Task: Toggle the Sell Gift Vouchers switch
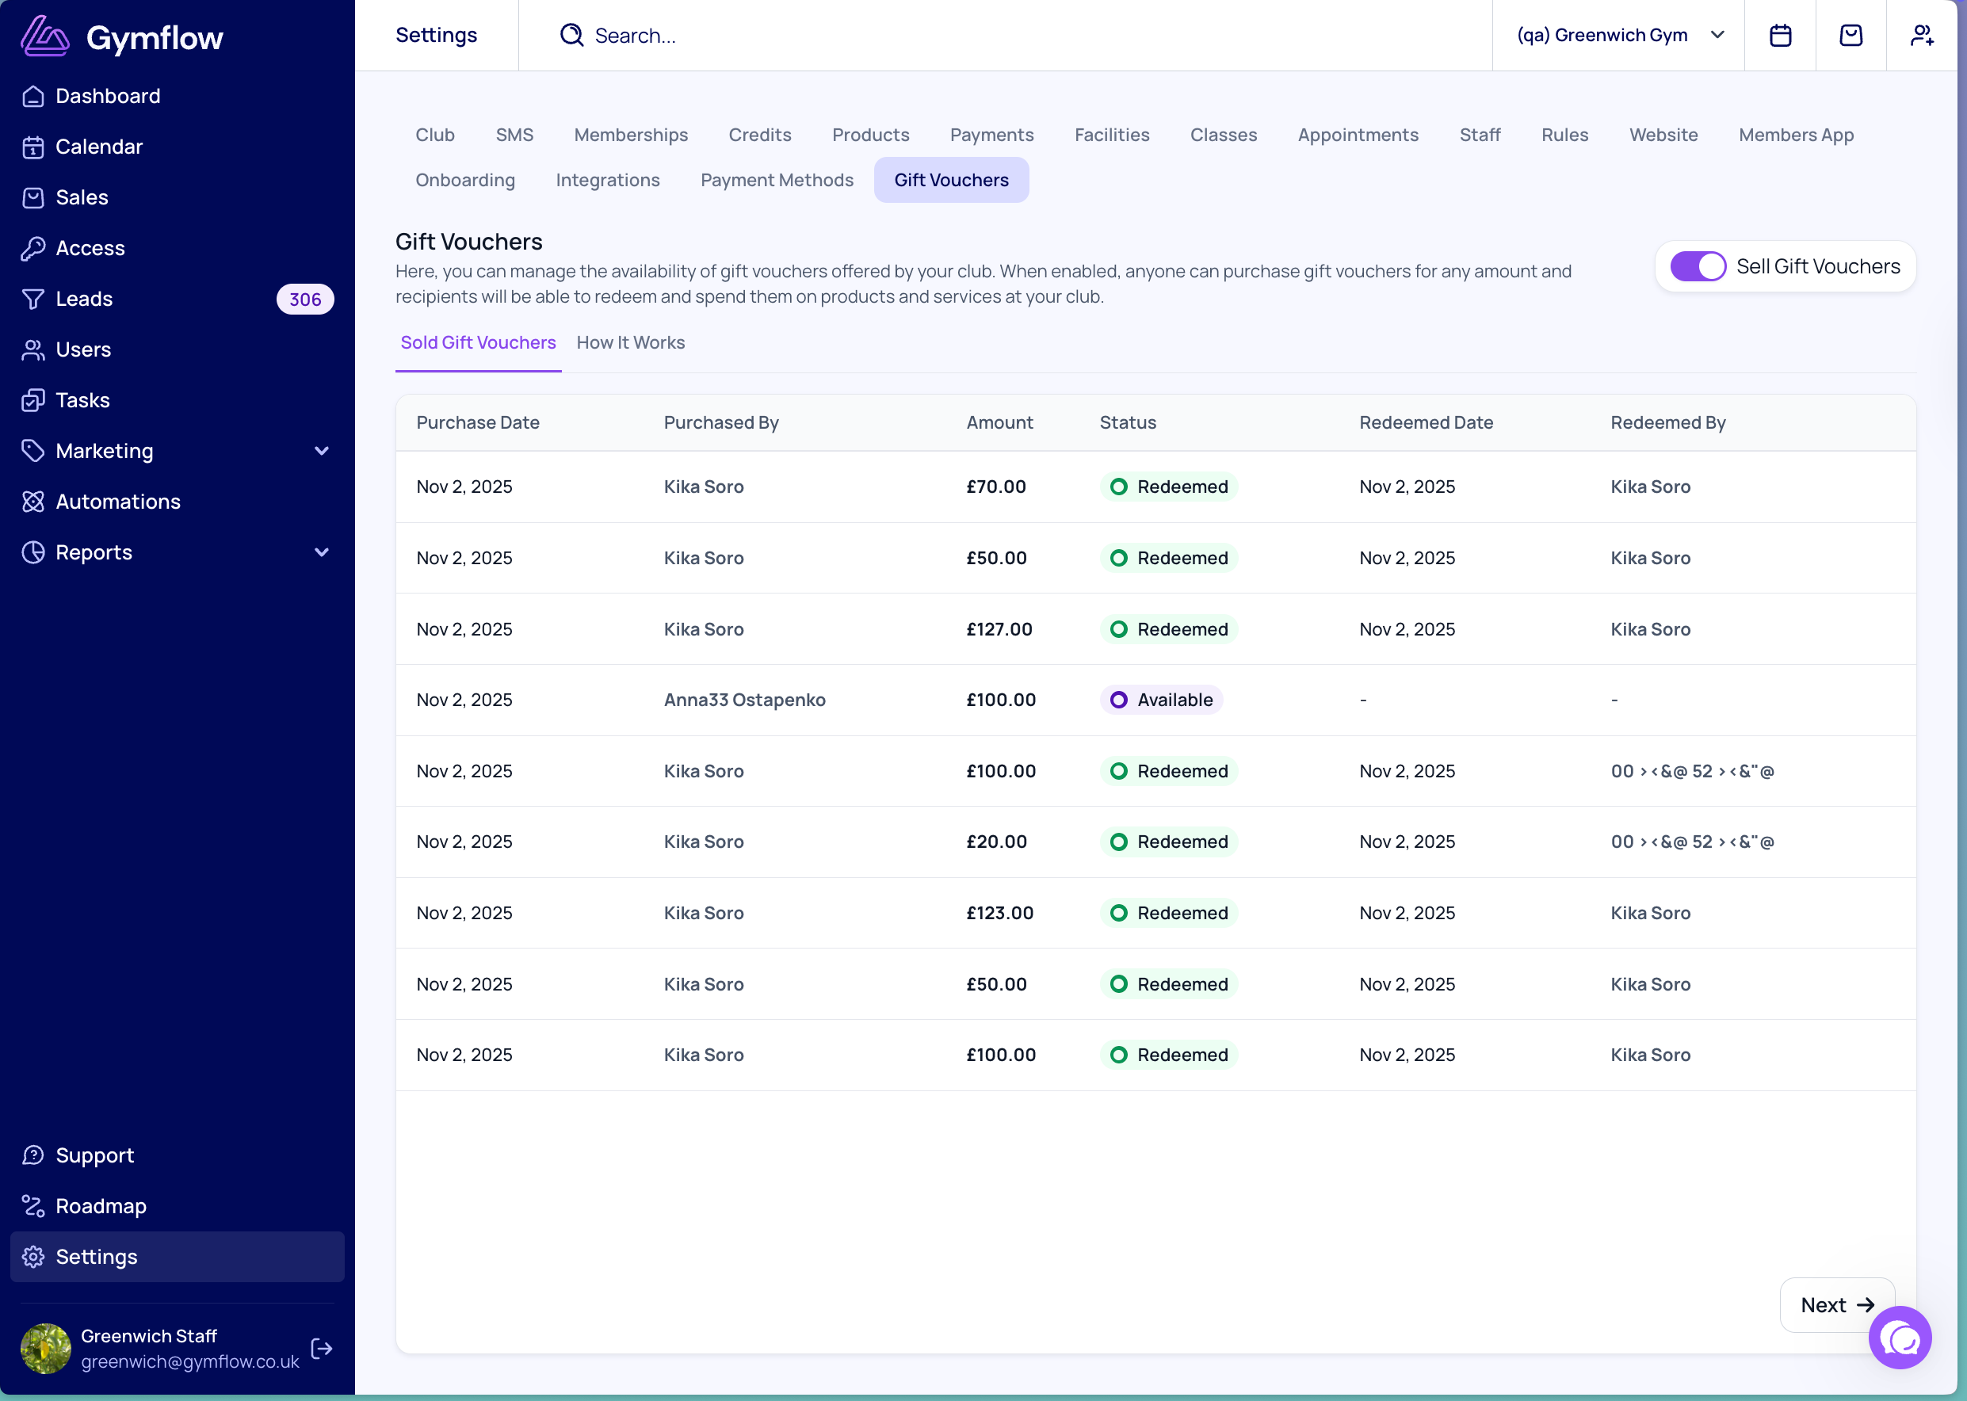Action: [1698, 266]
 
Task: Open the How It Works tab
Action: [631, 342]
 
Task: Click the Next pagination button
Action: [1837, 1304]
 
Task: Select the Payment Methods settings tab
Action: [777, 181]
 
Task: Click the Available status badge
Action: [1161, 700]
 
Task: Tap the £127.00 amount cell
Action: [999, 629]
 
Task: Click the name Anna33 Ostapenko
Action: [744, 700]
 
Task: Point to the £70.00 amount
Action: [996, 487]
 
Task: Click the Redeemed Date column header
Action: [1426, 422]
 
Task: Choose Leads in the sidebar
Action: [84, 299]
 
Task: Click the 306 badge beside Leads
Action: [305, 300]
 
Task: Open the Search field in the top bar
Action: [635, 36]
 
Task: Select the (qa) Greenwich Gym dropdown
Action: [1619, 36]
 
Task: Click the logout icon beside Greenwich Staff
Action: [322, 1349]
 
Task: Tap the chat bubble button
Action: [1900, 1338]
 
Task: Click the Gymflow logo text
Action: [155, 38]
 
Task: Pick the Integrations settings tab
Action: [607, 181]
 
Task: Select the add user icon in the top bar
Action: [1922, 36]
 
